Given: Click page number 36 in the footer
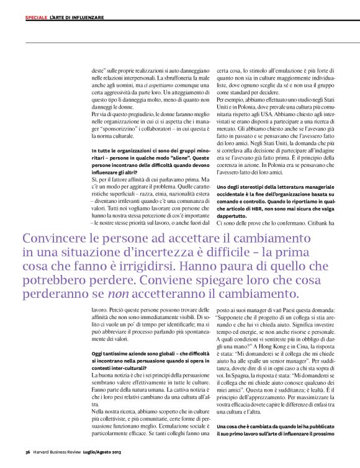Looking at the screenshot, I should (x=28, y=451).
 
